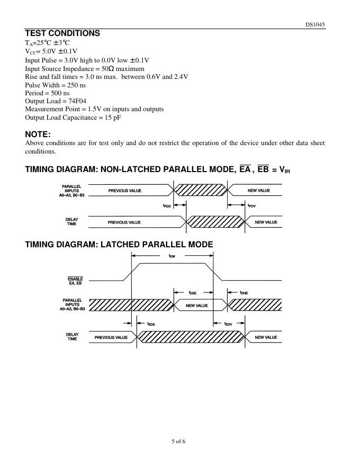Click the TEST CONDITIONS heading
click(x=62, y=33)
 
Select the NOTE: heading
click(x=38, y=134)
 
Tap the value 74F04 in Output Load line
click(x=76, y=101)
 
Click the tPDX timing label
click(x=167, y=205)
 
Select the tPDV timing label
click(x=251, y=205)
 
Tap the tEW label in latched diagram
click(x=172, y=256)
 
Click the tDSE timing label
click(x=193, y=292)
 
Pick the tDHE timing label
click(x=244, y=292)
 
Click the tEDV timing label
click(x=228, y=324)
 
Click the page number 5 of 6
click(x=179, y=441)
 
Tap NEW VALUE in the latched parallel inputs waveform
click(x=196, y=306)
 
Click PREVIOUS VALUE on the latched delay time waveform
click(x=111, y=337)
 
